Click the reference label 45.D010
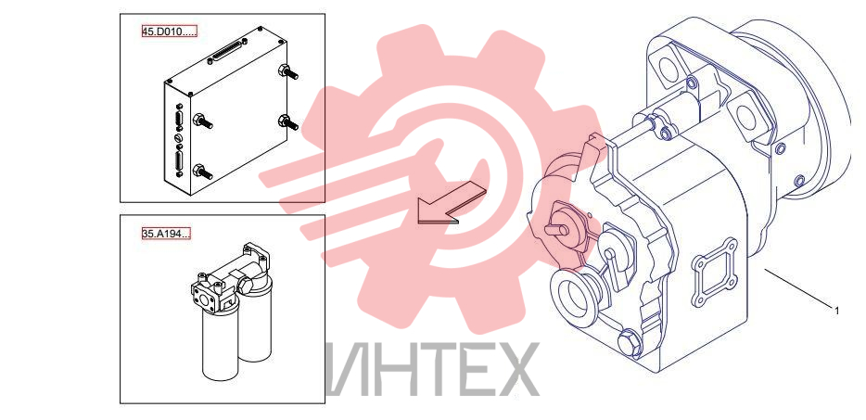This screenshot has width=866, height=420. (x=169, y=32)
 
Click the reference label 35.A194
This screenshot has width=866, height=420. (x=166, y=234)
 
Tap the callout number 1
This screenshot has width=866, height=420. (x=836, y=311)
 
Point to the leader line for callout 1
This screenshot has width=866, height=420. (x=797, y=286)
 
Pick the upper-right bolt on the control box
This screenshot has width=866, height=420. (x=288, y=71)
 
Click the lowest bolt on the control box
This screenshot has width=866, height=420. (x=202, y=171)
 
